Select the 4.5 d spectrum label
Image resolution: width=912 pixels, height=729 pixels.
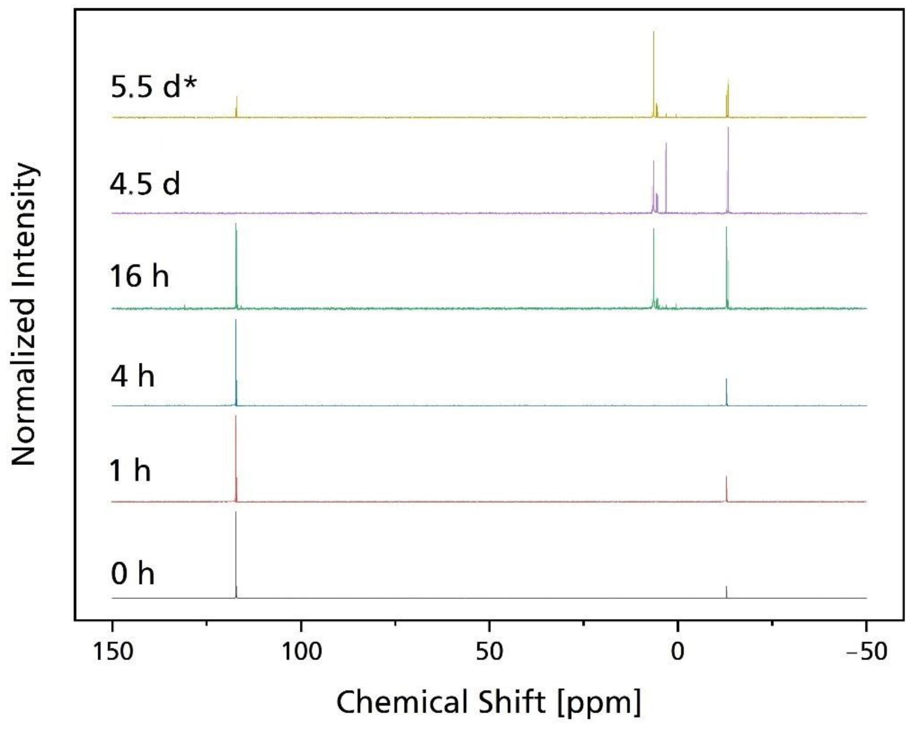click(145, 184)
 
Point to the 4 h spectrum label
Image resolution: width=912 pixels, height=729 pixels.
click(132, 376)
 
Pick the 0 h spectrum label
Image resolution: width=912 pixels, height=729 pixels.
click(132, 574)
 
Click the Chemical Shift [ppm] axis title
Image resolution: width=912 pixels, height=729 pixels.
click(489, 702)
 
